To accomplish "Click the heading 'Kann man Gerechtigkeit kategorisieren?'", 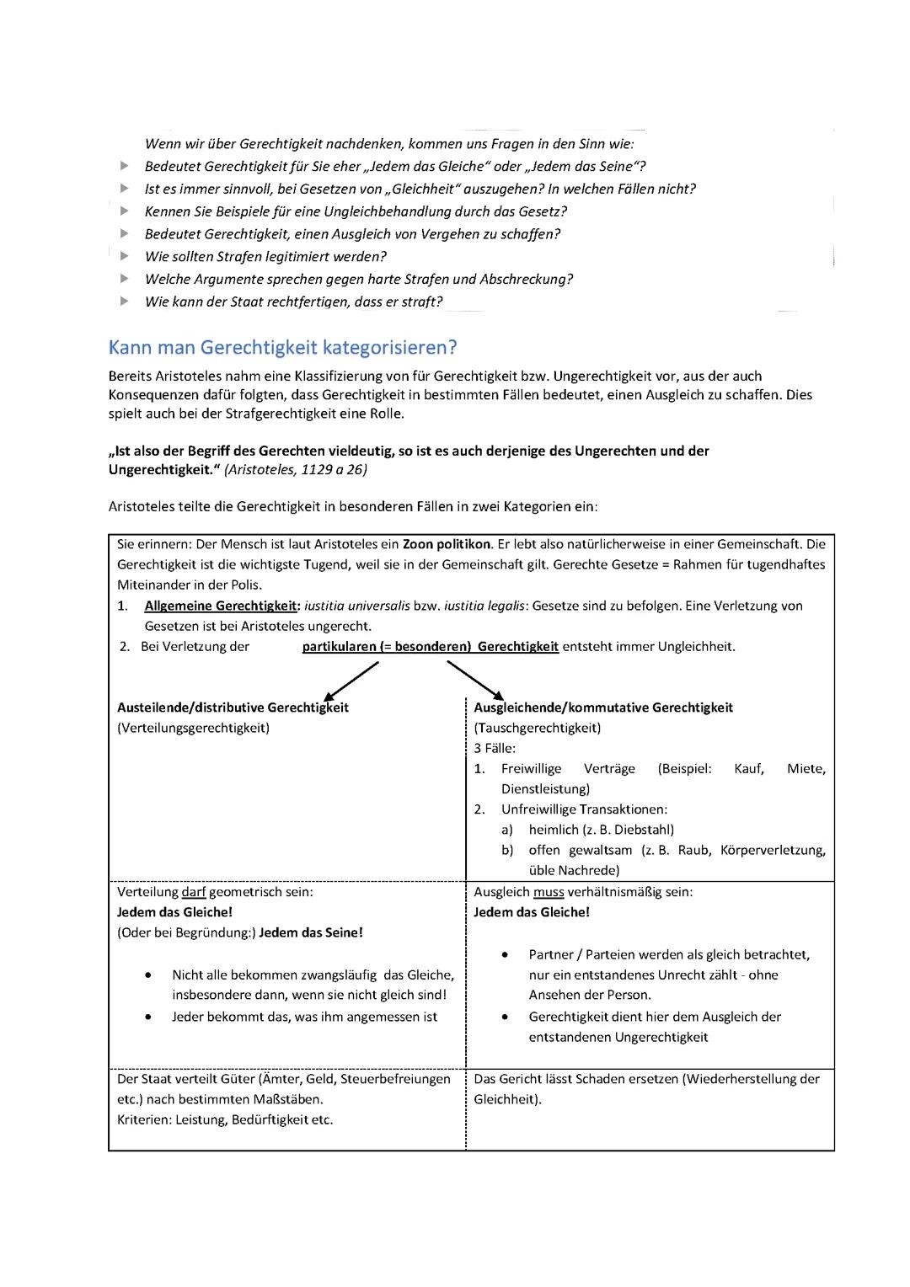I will click(282, 347).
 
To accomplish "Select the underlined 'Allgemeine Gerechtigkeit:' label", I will click(222, 606).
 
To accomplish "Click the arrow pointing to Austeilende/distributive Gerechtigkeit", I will click(351, 681).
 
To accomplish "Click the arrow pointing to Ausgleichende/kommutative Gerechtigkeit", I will click(474, 681).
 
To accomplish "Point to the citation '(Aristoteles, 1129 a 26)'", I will click(295, 469).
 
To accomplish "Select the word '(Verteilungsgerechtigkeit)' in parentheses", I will click(193, 728).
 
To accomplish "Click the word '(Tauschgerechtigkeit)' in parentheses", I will click(537, 728).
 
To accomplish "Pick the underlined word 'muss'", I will click(549, 891).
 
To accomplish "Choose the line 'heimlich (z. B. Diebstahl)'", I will click(601, 830).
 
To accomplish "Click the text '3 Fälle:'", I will click(495, 748).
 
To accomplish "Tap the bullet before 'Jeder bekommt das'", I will click(148, 1017).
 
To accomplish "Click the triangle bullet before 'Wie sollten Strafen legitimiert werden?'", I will click(125, 256).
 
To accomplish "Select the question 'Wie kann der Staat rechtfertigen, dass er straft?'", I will click(293, 302).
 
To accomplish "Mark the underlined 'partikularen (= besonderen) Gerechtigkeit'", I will click(430, 647).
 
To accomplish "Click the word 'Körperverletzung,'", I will click(773, 850).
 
